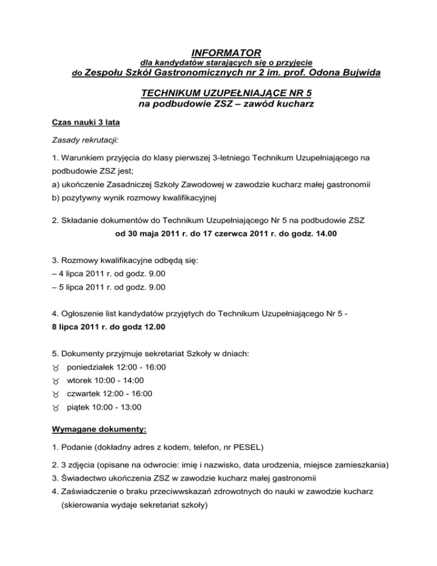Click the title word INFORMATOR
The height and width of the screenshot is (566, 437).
coord(218,52)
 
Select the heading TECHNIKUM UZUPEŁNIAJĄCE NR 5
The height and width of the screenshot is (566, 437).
coord(218,93)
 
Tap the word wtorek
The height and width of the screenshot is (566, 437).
coord(79,380)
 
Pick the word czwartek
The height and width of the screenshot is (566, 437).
coord(84,393)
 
